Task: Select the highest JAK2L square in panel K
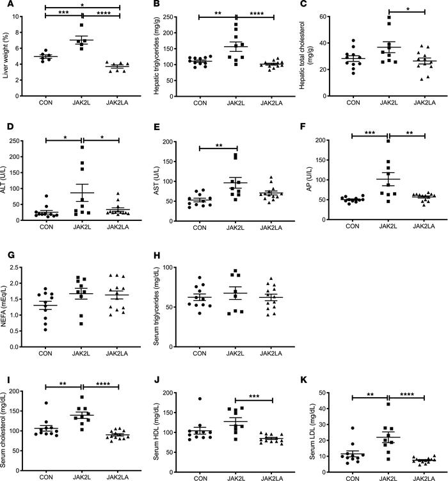pyautogui.click(x=387, y=404)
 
